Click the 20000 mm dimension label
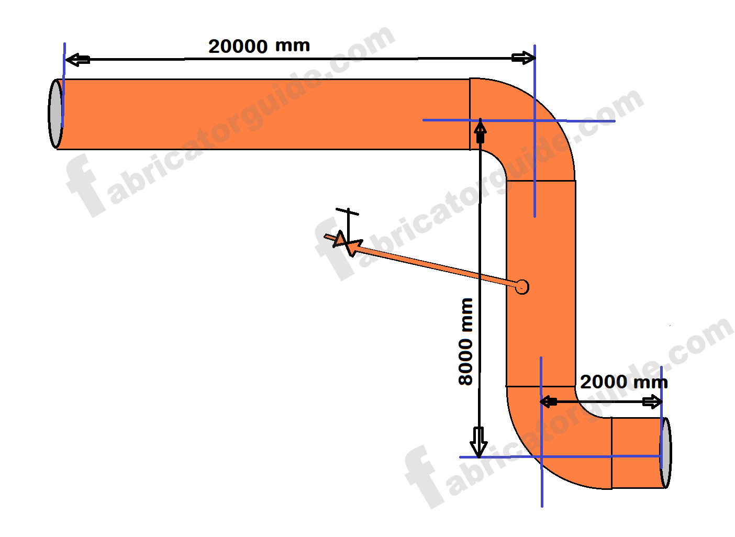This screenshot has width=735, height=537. coord(259,46)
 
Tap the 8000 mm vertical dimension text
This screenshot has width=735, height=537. coord(465,341)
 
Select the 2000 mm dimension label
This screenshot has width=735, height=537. coord(623,382)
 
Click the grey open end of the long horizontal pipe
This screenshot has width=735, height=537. coord(55,113)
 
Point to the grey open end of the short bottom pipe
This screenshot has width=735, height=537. coord(665,453)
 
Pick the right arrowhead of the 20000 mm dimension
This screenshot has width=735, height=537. coord(522,58)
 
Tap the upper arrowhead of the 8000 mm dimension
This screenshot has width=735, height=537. coord(480,131)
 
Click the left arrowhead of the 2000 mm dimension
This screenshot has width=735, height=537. coord(548,402)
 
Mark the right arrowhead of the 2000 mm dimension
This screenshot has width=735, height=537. coord(652,402)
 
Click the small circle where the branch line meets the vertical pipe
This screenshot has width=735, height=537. coord(522,287)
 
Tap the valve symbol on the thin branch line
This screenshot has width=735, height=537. coord(346,243)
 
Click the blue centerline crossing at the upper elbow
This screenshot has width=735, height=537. coord(534,120)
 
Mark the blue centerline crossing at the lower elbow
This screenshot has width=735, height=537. coord(541,457)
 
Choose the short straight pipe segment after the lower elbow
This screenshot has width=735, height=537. coord(636,453)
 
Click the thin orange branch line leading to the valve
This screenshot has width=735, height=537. coord(435,266)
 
